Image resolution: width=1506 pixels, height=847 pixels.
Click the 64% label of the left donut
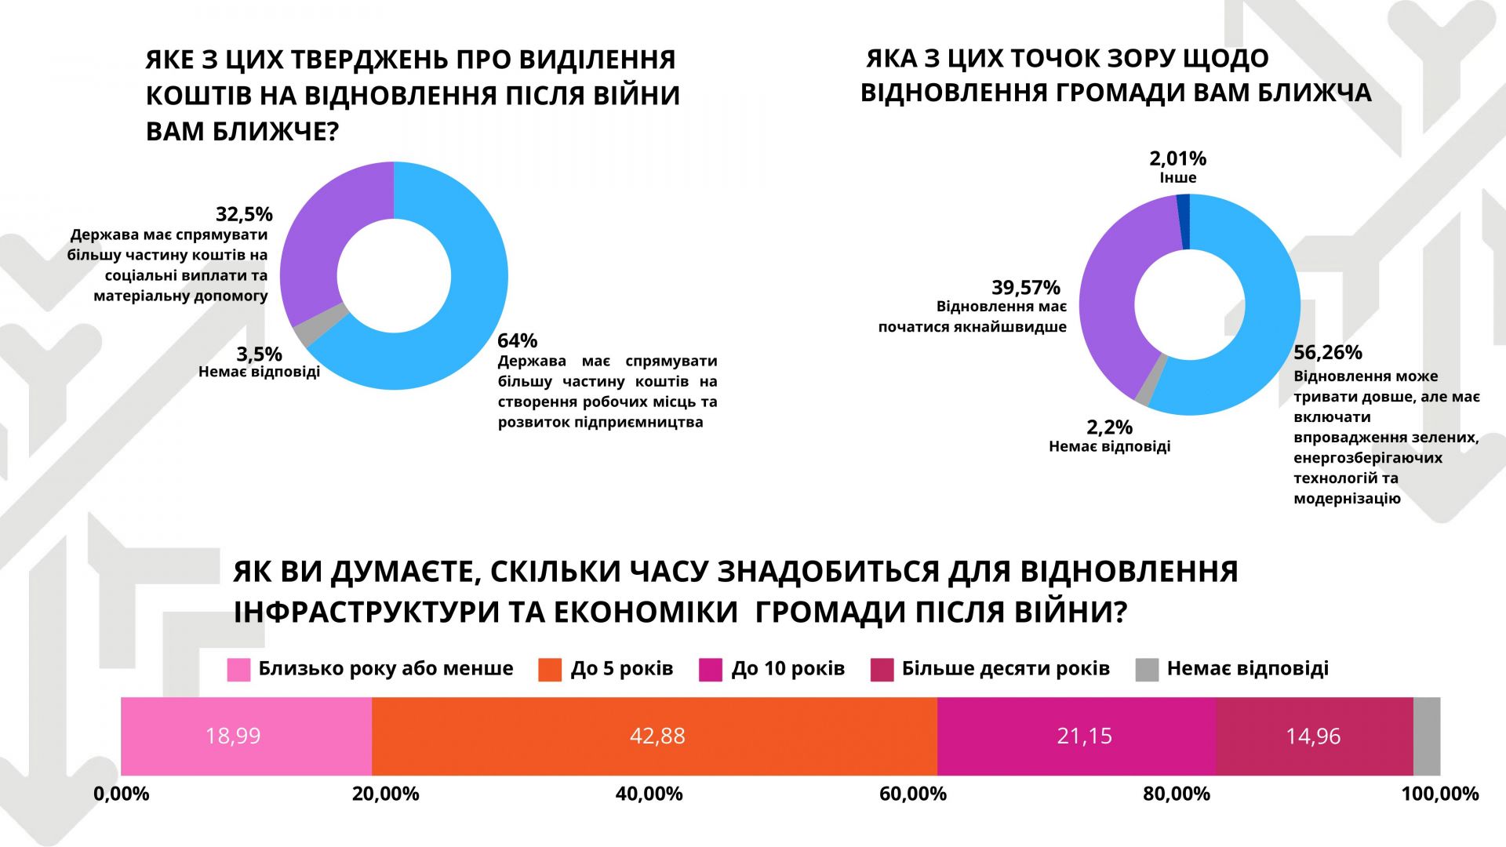point(517,340)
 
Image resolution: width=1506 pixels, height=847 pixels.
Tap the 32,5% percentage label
point(244,214)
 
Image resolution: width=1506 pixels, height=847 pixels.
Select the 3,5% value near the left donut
point(259,354)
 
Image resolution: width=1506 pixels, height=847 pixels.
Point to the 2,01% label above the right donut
point(1177,158)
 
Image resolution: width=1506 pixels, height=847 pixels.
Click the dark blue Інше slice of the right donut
point(1184,222)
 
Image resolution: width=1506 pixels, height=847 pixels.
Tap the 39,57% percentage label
point(1025,287)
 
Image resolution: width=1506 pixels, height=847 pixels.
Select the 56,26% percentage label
point(1328,352)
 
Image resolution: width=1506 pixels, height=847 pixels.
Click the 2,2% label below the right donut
point(1109,427)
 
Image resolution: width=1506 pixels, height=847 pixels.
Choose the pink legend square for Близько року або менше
point(238,670)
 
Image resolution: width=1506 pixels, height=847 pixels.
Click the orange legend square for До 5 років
point(550,670)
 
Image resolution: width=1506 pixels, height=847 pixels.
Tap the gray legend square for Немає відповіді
point(1147,670)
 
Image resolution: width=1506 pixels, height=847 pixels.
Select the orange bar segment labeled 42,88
point(654,736)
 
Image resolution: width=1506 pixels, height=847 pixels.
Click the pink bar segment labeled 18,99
point(246,736)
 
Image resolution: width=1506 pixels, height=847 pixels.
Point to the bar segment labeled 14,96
point(1314,736)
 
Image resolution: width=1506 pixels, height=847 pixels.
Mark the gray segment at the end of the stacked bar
point(1427,736)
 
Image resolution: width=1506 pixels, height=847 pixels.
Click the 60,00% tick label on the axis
point(912,794)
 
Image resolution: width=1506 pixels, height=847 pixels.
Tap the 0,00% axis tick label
point(122,794)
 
